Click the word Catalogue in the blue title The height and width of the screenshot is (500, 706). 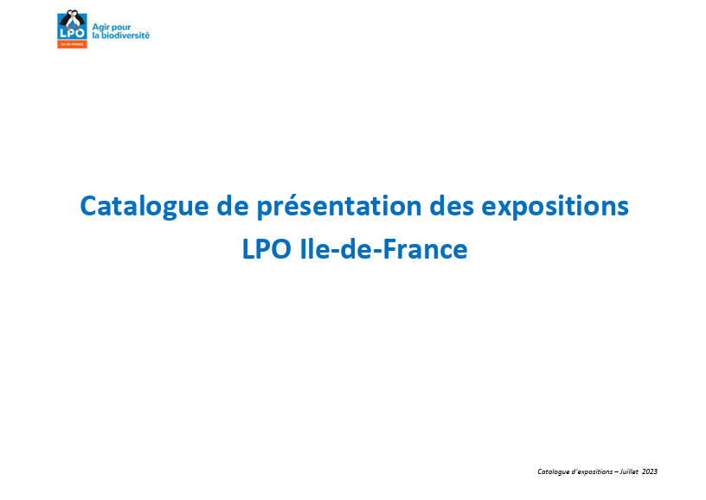pos(144,207)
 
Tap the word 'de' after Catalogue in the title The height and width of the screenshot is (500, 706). pos(233,206)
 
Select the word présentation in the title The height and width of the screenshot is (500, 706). pos(339,207)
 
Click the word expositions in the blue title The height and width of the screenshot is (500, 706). pos(555,207)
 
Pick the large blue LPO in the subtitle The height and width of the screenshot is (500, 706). pos(266,249)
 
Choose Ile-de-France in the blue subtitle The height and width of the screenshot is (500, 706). pos(383,249)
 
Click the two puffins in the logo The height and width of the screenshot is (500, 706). pos(72,19)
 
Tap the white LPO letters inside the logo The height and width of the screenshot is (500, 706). pos(72,33)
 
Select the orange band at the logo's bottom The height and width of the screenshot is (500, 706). pos(72,45)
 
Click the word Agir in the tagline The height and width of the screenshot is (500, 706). pos(101,28)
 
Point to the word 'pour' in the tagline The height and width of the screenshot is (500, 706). pos(121,28)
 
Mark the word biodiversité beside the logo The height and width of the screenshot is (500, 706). pos(125,35)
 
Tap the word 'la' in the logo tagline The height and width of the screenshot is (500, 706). pos(95,35)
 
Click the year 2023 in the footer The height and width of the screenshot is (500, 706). pos(650,471)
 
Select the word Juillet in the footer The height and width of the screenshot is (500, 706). pos(629,471)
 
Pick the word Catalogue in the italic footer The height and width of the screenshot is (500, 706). pos(554,471)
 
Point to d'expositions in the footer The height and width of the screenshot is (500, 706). pos(592,471)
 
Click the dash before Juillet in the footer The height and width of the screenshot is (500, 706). pos(616,472)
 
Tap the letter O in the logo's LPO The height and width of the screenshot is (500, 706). pos(80,33)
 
